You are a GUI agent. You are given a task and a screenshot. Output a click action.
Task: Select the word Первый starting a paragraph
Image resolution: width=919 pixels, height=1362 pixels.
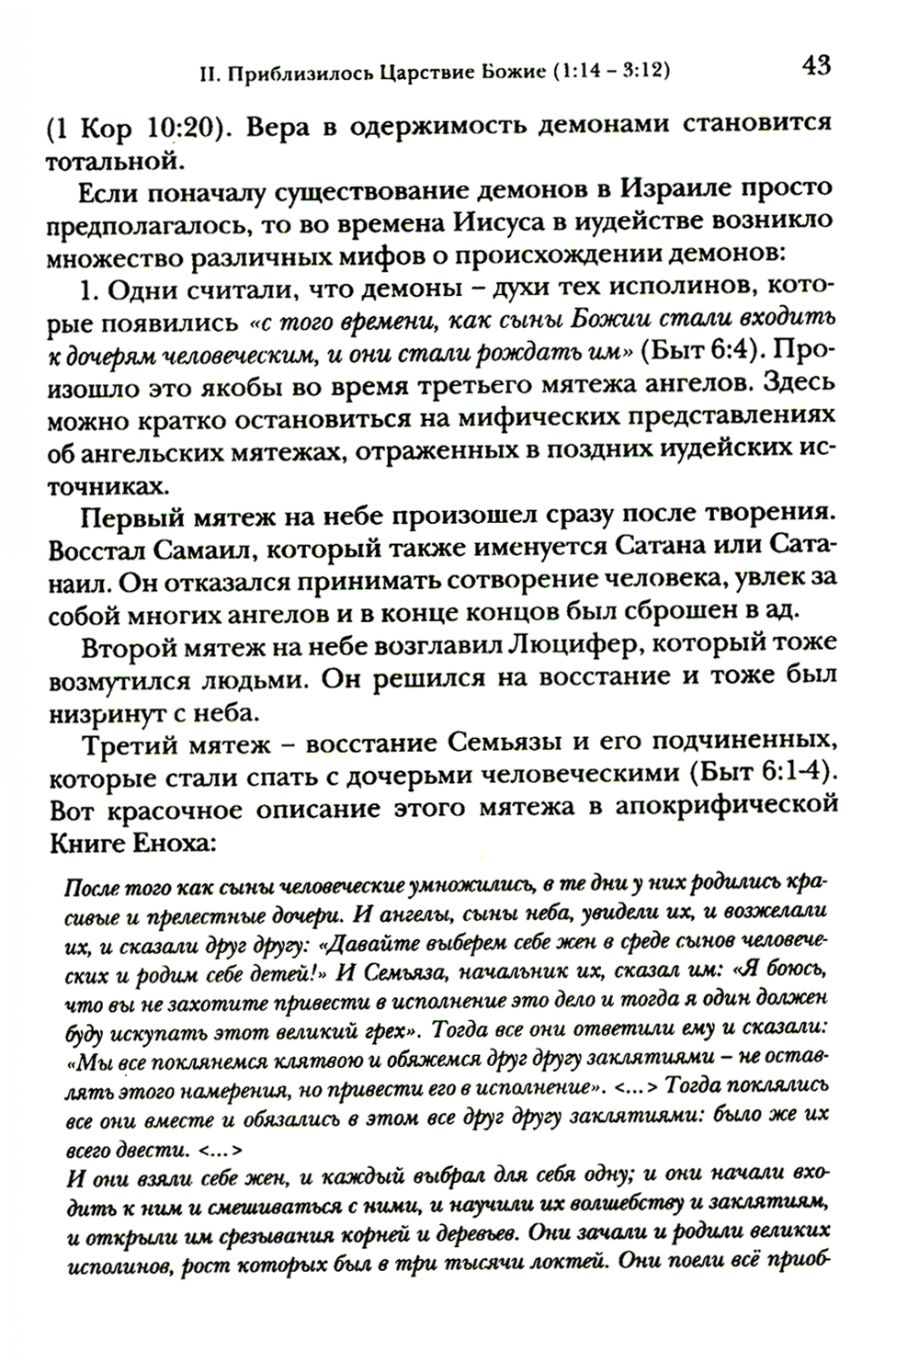click(x=130, y=516)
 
